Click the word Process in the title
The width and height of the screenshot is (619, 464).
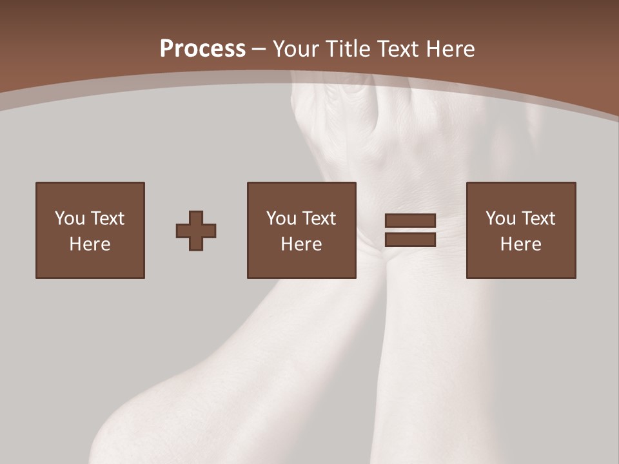202,48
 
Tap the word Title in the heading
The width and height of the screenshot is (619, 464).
348,48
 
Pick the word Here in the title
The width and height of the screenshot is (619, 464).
452,48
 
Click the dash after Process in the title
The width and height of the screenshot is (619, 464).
259,50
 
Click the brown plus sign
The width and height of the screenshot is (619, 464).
196,230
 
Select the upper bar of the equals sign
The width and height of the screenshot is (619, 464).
410,221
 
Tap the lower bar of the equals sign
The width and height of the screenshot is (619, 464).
410,239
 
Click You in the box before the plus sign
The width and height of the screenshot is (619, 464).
70,218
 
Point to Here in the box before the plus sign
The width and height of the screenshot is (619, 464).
90,244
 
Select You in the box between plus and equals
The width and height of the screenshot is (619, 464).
281,218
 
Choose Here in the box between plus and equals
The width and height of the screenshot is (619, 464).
301,244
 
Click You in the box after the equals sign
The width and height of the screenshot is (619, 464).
500,218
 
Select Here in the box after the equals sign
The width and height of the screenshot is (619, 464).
520,244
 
